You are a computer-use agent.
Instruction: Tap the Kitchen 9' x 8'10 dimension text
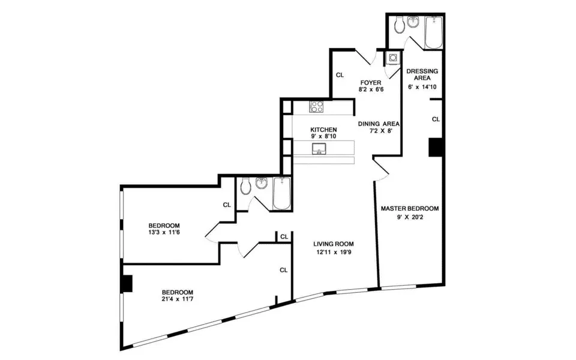pyautogui.click(x=323, y=137)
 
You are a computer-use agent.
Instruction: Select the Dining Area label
pyautogui.click(x=379, y=124)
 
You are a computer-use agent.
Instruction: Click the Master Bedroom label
pyautogui.click(x=410, y=209)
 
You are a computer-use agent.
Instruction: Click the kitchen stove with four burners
pyautogui.click(x=316, y=107)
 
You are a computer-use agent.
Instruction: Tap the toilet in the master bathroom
pyautogui.click(x=400, y=25)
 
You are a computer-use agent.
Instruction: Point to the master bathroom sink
pyautogui.click(x=414, y=23)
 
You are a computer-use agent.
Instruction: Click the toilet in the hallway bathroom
pyautogui.click(x=245, y=187)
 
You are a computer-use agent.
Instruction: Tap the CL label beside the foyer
pyautogui.click(x=340, y=75)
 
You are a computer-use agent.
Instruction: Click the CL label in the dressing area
pyautogui.click(x=436, y=119)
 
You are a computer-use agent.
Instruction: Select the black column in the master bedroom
pyautogui.click(x=436, y=147)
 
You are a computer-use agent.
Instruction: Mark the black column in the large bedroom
pyautogui.click(x=126, y=283)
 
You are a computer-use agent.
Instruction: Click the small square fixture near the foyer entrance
pyautogui.click(x=392, y=58)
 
